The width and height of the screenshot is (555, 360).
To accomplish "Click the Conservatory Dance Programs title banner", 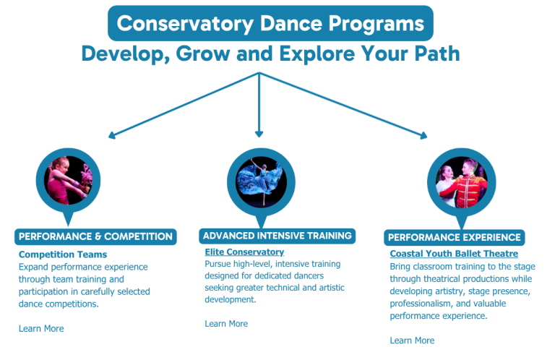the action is point(270,23).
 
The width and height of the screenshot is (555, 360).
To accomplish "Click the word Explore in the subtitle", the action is point(317,53).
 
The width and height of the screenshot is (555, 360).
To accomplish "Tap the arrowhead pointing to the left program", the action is point(112,135).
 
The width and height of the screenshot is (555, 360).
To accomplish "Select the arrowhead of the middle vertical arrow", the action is point(259,134).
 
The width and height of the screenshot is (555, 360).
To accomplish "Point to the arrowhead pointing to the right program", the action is point(423,135).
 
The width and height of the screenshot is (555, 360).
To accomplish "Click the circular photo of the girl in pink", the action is point(68,181).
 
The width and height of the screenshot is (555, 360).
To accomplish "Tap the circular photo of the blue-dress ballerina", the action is point(261,182).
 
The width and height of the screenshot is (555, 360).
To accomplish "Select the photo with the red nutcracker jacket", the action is point(462,182).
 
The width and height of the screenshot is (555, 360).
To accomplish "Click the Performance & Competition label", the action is point(95,237).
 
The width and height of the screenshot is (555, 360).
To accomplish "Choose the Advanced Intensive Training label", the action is point(277,236).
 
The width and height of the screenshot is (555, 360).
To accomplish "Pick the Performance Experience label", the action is point(455,237).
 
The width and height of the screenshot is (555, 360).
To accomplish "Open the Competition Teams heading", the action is point(63,254).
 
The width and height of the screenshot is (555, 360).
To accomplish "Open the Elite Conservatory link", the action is point(244,252).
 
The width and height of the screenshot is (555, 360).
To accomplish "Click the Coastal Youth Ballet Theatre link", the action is point(454,254).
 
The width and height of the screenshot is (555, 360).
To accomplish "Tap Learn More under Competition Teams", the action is point(41,328).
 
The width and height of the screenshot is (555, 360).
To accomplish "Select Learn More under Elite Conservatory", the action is point(226,324).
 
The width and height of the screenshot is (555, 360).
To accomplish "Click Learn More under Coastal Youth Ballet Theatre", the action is point(413,340).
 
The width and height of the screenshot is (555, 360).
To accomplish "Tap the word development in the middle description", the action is point(231,300).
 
